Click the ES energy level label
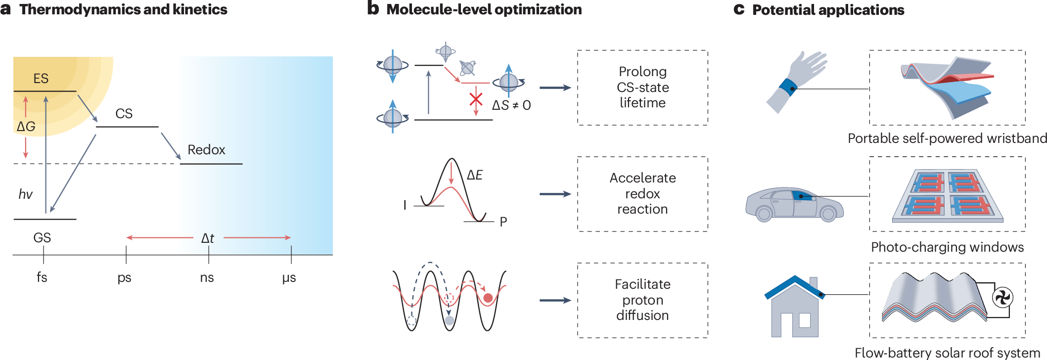pyautogui.click(x=41, y=79)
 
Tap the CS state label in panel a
pyautogui.click(x=124, y=114)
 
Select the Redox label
pyautogui.click(x=206, y=150)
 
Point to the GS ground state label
pyautogui.click(x=42, y=238)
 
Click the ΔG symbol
pyautogui.click(x=26, y=127)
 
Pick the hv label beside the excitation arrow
pyautogui.click(x=25, y=194)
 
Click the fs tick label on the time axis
pyautogui.click(x=42, y=277)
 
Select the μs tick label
pyautogui.click(x=289, y=277)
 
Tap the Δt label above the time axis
pyautogui.click(x=208, y=238)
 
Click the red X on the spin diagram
pyautogui.click(x=476, y=99)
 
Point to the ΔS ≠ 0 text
pyautogui.click(x=511, y=105)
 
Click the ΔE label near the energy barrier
pyautogui.click(x=475, y=175)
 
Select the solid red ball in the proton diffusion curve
pyautogui.click(x=488, y=298)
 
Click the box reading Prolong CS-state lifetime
pyautogui.click(x=642, y=88)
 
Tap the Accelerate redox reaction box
pyautogui.click(x=642, y=194)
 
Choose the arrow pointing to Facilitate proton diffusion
pyautogui.click(x=555, y=300)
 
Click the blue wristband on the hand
pyautogui.click(x=787, y=88)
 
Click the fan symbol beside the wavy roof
pyautogui.click(x=1002, y=298)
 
